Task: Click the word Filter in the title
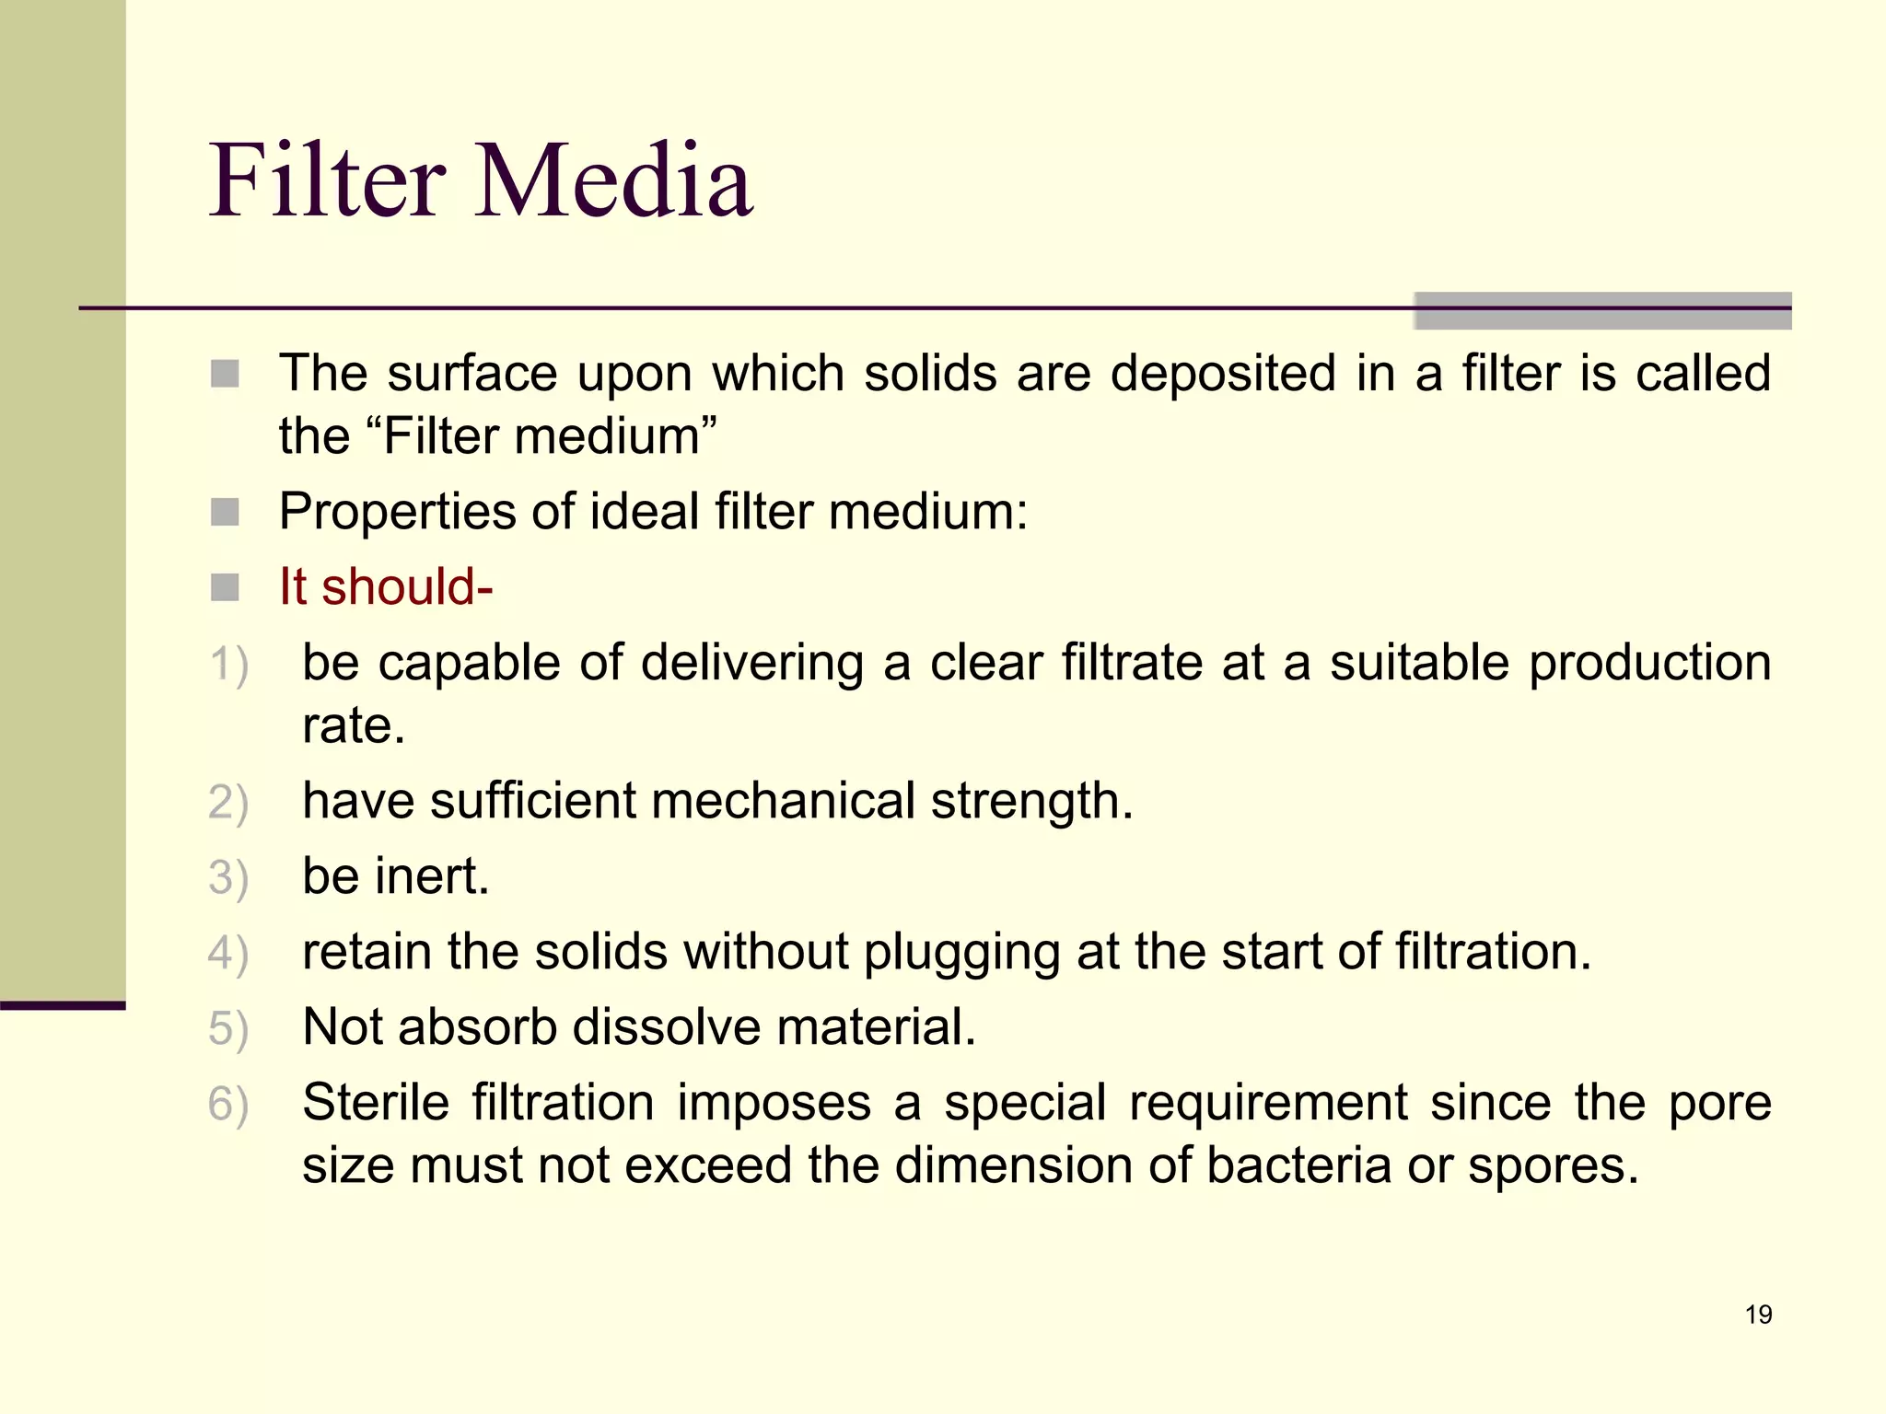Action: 328,180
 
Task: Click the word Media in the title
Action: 615,180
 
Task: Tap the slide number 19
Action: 1758,1315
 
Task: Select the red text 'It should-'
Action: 386,586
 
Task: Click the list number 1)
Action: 228,665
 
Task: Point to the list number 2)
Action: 228,802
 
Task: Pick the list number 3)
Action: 228,877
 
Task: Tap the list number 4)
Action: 228,953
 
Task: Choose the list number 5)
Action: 228,1028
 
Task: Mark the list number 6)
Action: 228,1104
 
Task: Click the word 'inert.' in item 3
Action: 432,875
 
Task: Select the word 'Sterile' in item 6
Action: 376,1102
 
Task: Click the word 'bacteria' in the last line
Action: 1298,1165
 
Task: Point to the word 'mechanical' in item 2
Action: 783,800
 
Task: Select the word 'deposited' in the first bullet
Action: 1223,374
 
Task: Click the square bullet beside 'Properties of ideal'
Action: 225,512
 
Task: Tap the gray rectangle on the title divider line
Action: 1602,311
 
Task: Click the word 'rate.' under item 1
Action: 354,725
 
